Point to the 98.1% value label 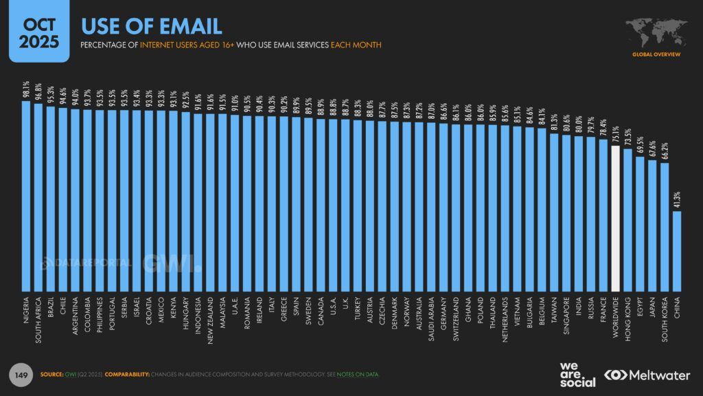pyautogui.click(x=26, y=90)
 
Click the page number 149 pyautogui.click(x=21, y=375)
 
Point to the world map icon pyautogui.click(x=656, y=31)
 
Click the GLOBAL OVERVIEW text pyautogui.click(x=656, y=54)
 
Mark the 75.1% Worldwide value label pyautogui.click(x=616, y=133)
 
